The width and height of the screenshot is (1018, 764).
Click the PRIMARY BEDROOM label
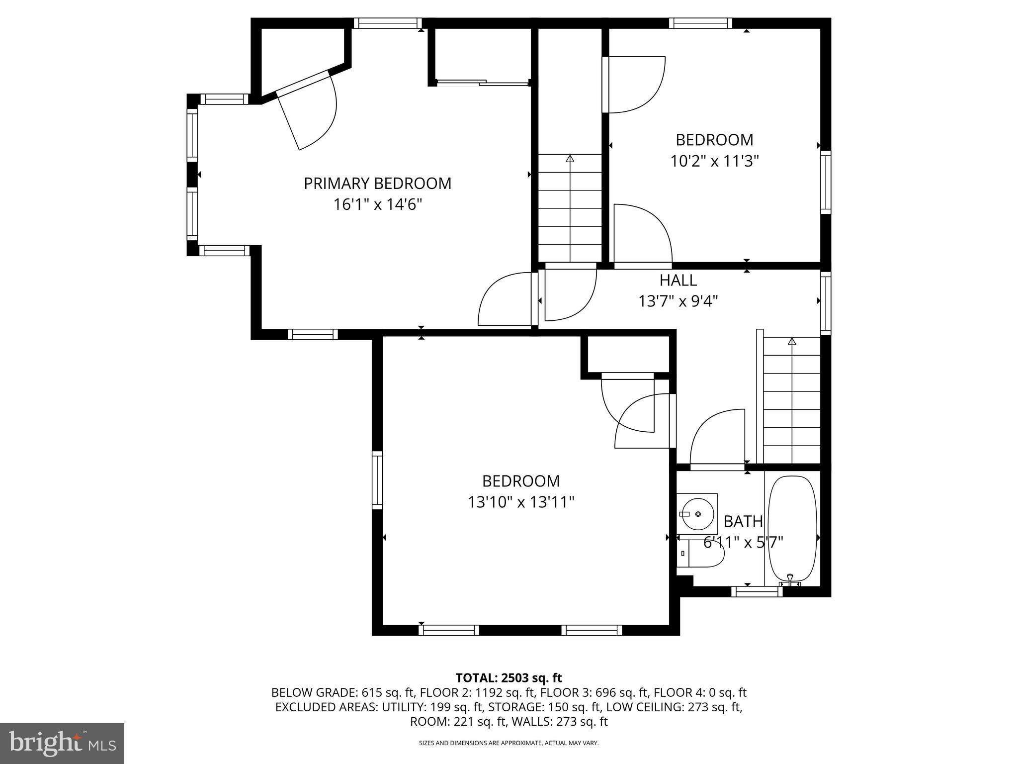click(377, 184)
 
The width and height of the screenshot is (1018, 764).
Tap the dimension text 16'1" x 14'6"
click(377, 204)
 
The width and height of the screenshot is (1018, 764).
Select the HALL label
click(678, 281)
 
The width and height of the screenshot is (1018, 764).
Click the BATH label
click(743, 521)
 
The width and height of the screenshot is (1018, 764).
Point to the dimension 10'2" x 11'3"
click(714, 161)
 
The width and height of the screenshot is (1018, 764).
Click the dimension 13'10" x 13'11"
click(521, 502)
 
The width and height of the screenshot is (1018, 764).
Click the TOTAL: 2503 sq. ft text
click(509, 677)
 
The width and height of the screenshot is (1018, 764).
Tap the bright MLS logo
click(62, 743)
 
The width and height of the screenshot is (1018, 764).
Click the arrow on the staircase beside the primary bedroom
click(570, 159)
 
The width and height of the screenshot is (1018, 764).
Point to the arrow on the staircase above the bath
click(792, 341)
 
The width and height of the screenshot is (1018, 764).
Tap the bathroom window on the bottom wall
click(757, 591)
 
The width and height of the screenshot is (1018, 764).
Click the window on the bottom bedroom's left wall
click(377, 480)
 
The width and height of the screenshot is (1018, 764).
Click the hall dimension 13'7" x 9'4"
click(678, 301)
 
